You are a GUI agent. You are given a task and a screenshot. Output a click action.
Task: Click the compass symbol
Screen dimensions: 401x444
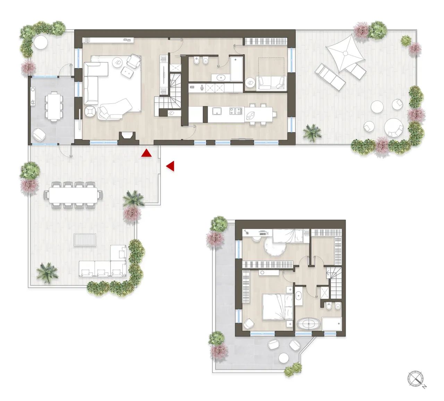pos(416,378)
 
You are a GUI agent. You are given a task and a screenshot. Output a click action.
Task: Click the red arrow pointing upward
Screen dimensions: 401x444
pos(147,153)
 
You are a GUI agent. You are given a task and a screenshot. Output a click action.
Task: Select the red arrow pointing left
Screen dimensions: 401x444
pos(170,166)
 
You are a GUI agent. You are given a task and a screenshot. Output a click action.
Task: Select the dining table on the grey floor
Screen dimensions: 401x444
pos(54,105)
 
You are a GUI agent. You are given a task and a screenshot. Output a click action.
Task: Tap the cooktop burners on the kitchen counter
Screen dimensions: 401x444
pos(238,111)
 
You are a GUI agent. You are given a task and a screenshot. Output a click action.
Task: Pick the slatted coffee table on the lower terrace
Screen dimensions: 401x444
pos(85,240)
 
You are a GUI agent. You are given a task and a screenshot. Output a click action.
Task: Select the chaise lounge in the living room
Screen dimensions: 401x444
pos(114,108)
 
